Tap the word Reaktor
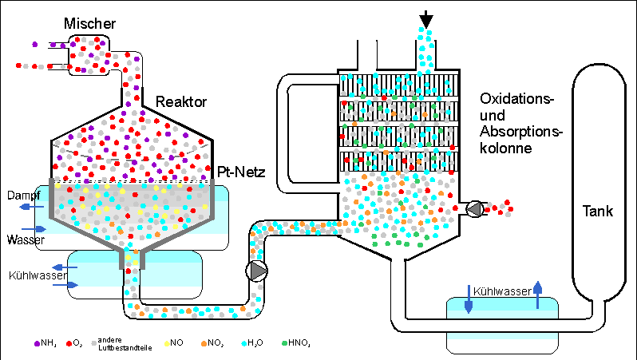click(x=182, y=101)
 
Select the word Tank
click(x=597, y=212)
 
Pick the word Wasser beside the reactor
click(x=22, y=239)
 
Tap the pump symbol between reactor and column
click(x=258, y=271)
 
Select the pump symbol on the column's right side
click(x=474, y=209)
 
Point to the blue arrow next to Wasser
click(x=36, y=229)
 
